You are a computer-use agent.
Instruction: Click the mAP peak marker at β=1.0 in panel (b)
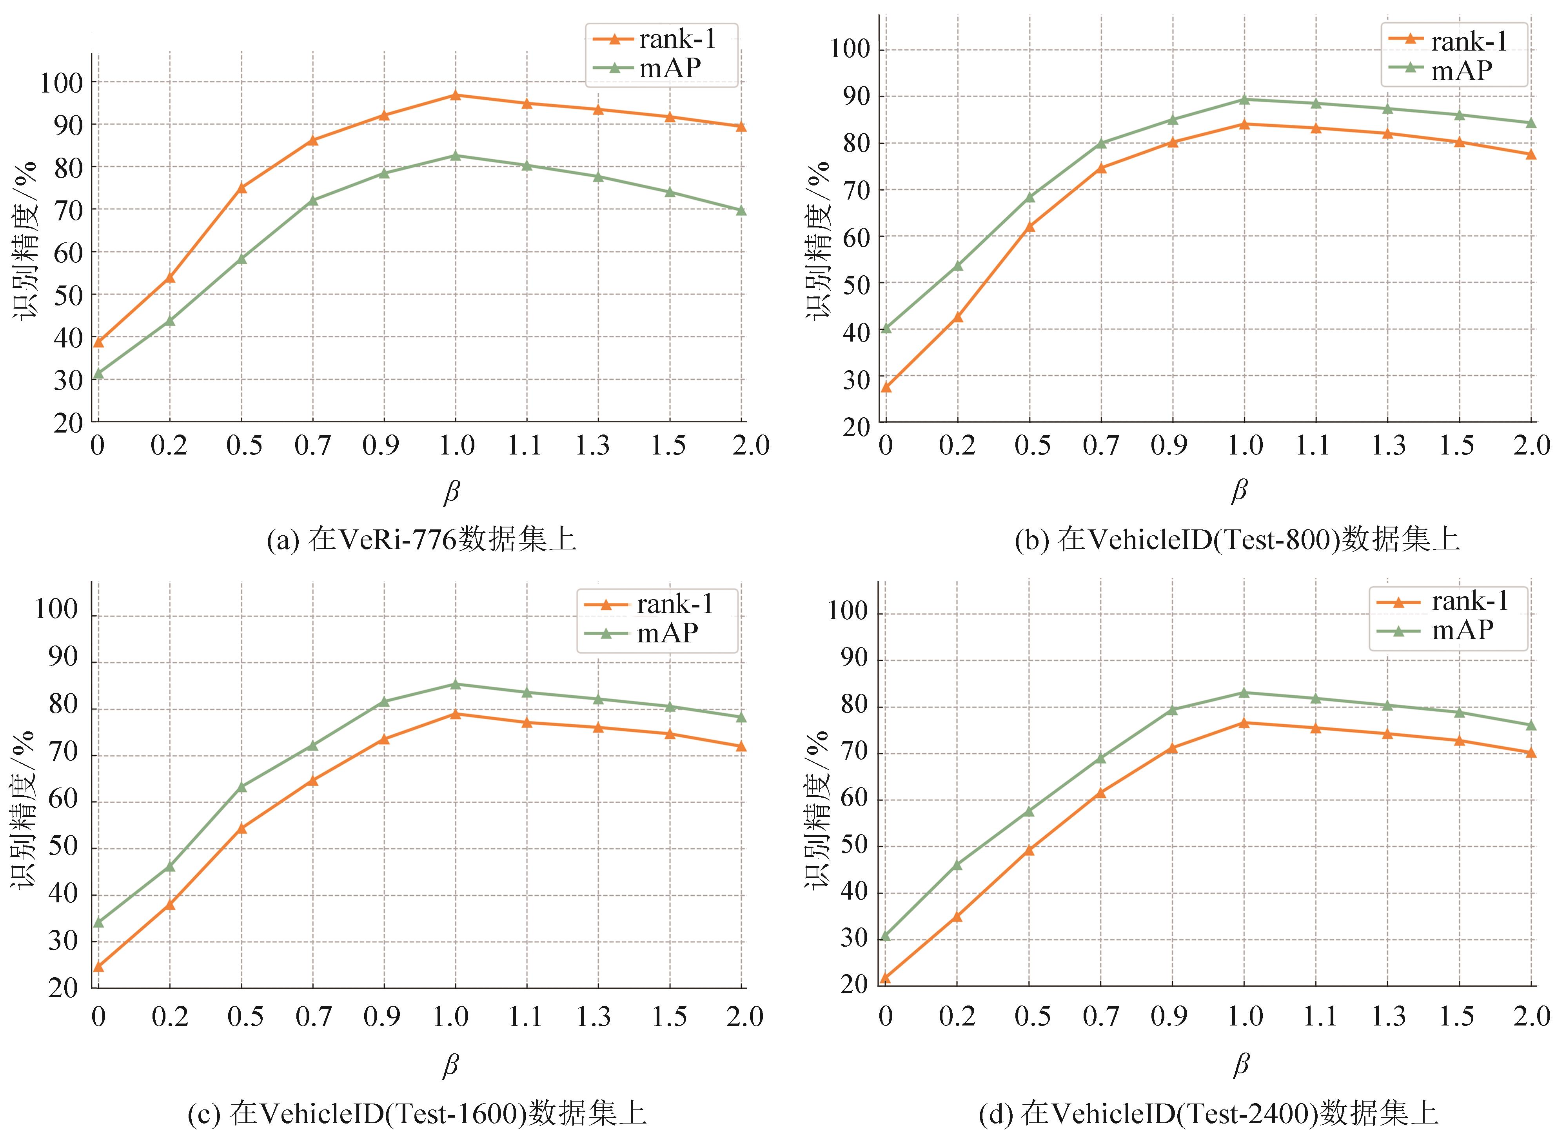(x=1244, y=99)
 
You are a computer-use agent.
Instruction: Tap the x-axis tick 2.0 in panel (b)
(x=1532, y=445)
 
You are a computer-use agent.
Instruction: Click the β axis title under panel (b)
(x=1239, y=491)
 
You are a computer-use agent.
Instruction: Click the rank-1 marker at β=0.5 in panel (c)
(x=241, y=829)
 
